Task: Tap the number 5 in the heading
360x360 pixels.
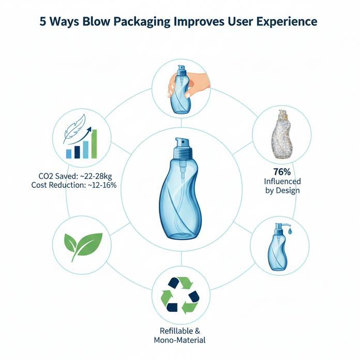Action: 43,22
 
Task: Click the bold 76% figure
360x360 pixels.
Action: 282,172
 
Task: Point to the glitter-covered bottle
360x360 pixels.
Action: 281,134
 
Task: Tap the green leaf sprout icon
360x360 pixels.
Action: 83,246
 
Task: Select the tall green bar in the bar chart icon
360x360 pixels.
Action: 94,144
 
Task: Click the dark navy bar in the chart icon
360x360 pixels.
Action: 77,152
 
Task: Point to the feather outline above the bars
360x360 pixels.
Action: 74,128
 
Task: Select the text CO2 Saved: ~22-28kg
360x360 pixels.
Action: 75,176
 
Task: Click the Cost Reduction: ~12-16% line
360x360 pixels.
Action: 73,185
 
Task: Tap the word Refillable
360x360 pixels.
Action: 173,331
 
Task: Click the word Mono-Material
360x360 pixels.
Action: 179,340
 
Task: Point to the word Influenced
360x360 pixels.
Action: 282,182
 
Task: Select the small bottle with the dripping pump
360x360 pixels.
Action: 279,247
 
